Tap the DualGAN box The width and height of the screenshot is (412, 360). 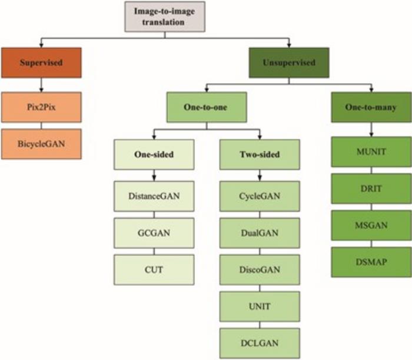(x=259, y=233)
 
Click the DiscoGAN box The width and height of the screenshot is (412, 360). (x=259, y=269)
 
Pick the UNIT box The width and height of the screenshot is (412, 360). (x=259, y=305)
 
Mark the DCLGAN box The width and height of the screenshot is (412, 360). (x=259, y=341)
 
